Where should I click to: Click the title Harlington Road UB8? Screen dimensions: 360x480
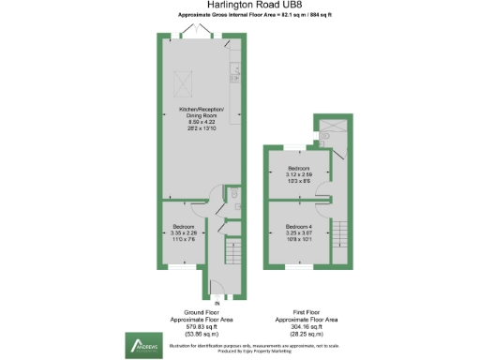click(x=239, y=6)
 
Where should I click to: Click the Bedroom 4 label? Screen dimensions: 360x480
click(x=299, y=226)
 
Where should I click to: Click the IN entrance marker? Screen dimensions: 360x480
click(x=217, y=303)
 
